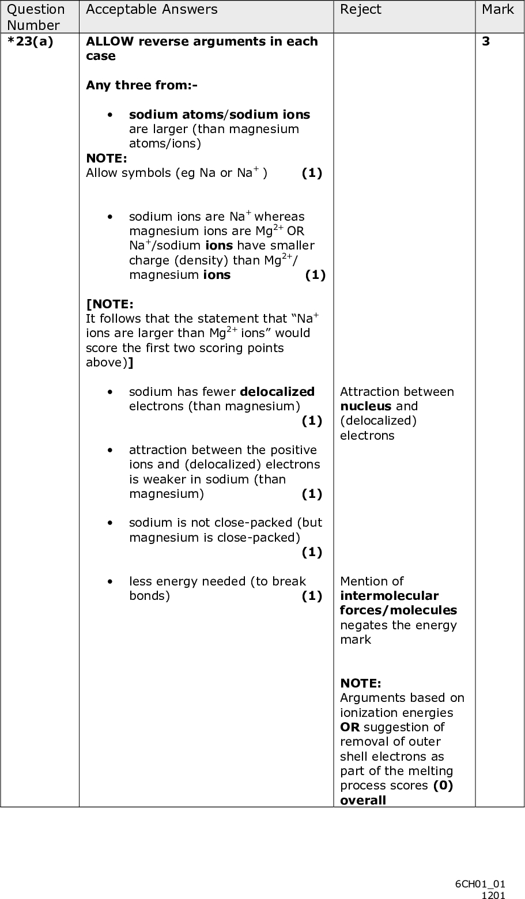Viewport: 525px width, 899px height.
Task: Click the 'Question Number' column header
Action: click(x=36, y=17)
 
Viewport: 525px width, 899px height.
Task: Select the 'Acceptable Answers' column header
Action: click(x=152, y=9)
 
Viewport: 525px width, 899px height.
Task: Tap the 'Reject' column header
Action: click(x=360, y=9)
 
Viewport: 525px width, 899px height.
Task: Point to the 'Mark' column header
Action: click(x=497, y=9)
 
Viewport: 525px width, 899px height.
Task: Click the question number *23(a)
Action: click(x=29, y=41)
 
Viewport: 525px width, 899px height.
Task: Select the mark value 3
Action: click(x=486, y=41)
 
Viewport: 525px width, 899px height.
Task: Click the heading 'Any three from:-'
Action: click(x=141, y=85)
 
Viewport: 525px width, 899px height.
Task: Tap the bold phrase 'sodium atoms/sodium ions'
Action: click(x=219, y=114)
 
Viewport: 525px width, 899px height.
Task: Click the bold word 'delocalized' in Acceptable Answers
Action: click(x=277, y=392)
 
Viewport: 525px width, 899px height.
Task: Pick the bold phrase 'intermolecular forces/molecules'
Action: click(x=398, y=603)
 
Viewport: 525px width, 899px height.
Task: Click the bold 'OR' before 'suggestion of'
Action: click(x=349, y=727)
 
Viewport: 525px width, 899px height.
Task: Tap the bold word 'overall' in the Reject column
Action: click(x=363, y=800)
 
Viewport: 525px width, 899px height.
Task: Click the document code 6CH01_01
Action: click(x=480, y=884)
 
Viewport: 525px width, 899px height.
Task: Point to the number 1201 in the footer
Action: click(x=493, y=894)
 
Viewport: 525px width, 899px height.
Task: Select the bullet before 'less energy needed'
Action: click(x=109, y=581)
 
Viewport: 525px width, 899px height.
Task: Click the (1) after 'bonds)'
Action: click(x=312, y=596)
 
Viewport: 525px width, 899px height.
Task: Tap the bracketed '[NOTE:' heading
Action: click(x=109, y=304)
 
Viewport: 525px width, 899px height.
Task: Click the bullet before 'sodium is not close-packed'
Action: click(x=109, y=523)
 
